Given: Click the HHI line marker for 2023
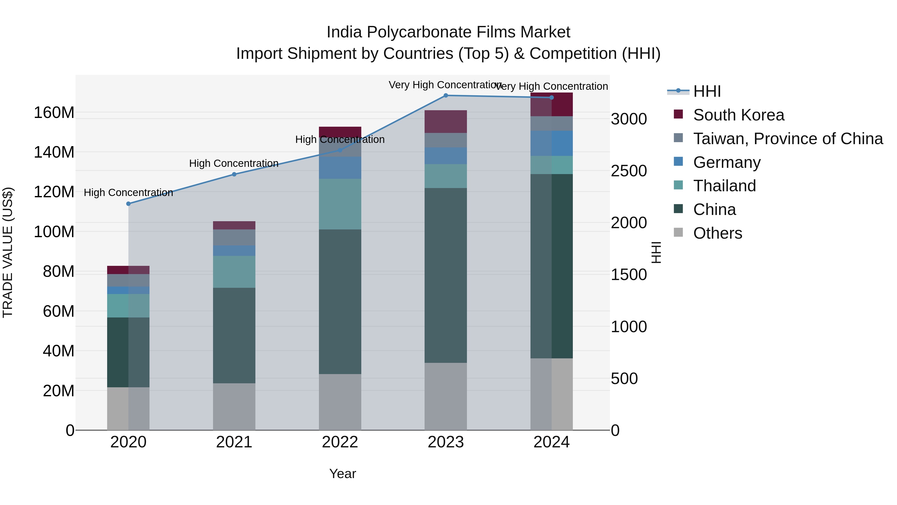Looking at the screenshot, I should (x=446, y=96).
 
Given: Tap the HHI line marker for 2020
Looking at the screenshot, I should (x=129, y=204).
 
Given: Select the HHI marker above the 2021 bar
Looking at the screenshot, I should (x=234, y=174).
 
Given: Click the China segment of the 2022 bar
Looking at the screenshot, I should (x=340, y=302).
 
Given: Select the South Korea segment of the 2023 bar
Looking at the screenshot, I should (x=446, y=122).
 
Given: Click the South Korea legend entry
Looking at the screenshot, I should (x=738, y=115).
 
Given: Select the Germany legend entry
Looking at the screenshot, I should (x=727, y=162).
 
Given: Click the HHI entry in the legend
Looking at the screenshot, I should (x=707, y=91).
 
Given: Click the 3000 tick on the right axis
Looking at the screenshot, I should (x=629, y=119).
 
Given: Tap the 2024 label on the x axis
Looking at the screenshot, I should (x=552, y=442).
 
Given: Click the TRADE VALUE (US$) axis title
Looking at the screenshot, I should (x=8, y=252).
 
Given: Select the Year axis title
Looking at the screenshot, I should (x=343, y=474).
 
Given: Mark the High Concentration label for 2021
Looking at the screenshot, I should (x=234, y=163).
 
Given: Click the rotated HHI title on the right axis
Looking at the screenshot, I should (x=656, y=252).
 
